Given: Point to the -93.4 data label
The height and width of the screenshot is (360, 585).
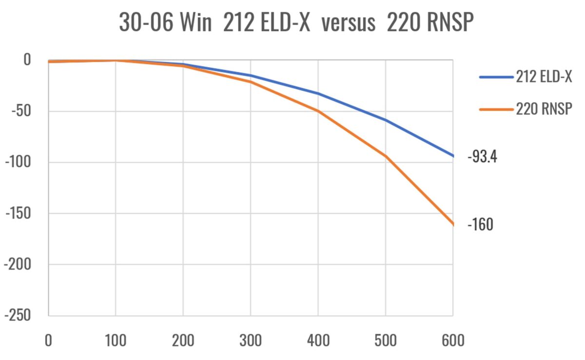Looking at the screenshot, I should tap(482, 157).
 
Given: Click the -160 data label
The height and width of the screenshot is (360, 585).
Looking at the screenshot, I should tap(480, 225).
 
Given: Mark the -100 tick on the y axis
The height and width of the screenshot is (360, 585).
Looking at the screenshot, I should tap(18, 162).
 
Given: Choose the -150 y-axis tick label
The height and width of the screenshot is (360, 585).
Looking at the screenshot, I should tap(18, 213).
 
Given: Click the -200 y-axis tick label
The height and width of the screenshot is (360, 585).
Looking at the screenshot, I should tap(18, 265).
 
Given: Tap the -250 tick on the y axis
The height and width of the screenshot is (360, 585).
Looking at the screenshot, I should tap(18, 316).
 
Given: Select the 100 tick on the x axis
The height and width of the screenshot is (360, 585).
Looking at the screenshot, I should tap(116, 340).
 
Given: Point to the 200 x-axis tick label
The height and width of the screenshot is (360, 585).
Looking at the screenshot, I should tap(183, 340).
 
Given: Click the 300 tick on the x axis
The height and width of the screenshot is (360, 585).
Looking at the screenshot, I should tap(251, 340).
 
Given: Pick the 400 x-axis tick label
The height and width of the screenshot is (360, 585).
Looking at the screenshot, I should tap(318, 340).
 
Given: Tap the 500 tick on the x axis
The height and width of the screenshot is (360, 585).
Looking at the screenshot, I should tap(386, 340).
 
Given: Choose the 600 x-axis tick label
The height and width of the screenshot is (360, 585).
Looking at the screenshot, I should tap(453, 340).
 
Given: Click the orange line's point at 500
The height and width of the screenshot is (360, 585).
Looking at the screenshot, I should tap(386, 156).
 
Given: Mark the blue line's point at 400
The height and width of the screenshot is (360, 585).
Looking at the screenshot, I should tap(318, 93).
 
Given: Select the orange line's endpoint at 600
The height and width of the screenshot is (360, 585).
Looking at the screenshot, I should tap(453, 224).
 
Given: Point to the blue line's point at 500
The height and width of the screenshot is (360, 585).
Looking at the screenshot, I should tap(386, 120).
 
